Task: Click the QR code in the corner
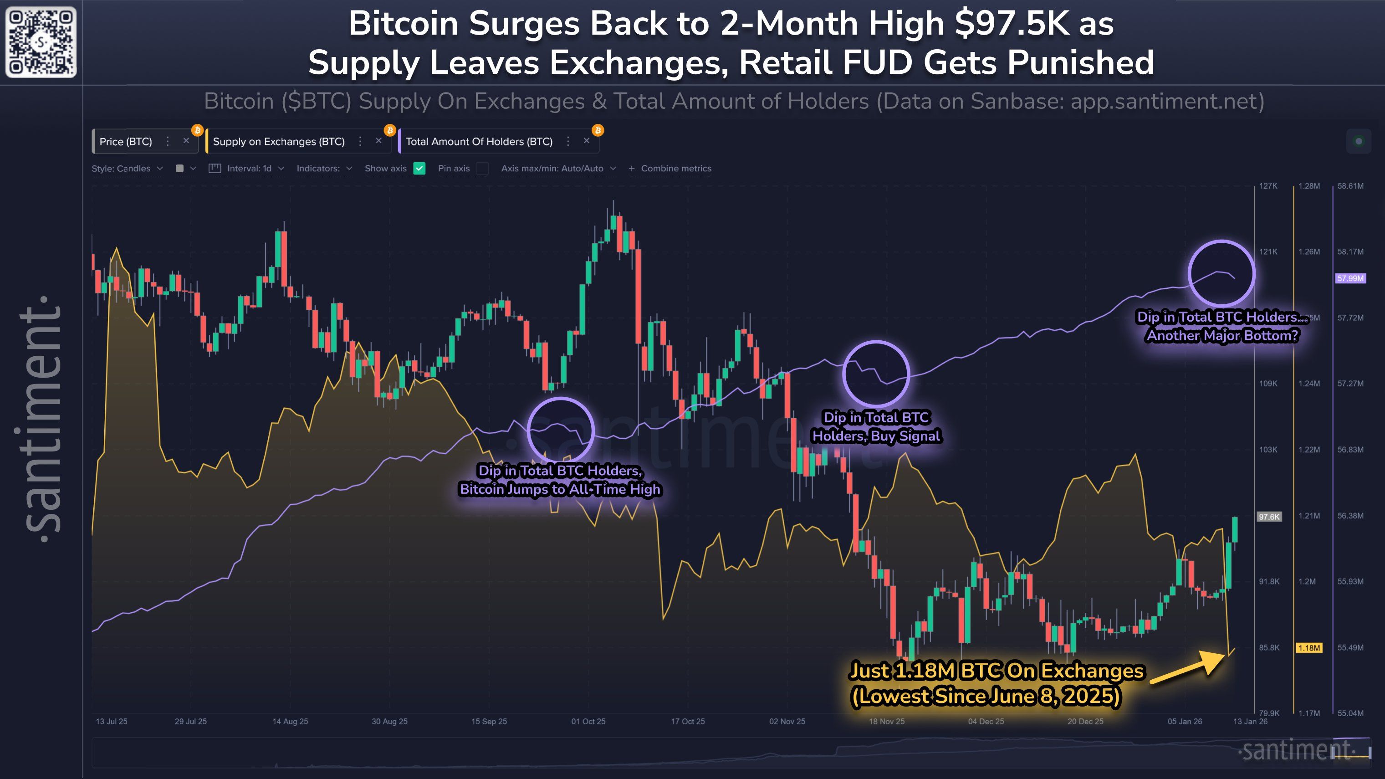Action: (x=41, y=42)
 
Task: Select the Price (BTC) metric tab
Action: (x=126, y=141)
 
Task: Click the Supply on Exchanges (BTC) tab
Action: (x=279, y=141)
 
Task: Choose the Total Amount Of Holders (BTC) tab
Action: (x=479, y=141)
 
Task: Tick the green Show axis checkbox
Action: (x=419, y=168)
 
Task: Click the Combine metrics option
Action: (x=675, y=168)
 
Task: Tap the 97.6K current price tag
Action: (x=1269, y=517)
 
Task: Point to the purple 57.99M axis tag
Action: (x=1350, y=278)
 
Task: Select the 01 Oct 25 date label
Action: (x=588, y=722)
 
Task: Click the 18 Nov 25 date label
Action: (x=887, y=722)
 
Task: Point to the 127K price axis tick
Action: (x=1268, y=186)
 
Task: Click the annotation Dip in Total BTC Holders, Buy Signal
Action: (x=876, y=427)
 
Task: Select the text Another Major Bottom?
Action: (x=1222, y=335)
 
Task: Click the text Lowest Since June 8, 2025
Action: (x=986, y=696)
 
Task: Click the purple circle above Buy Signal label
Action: (x=876, y=374)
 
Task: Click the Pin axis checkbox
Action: (x=482, y=168)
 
